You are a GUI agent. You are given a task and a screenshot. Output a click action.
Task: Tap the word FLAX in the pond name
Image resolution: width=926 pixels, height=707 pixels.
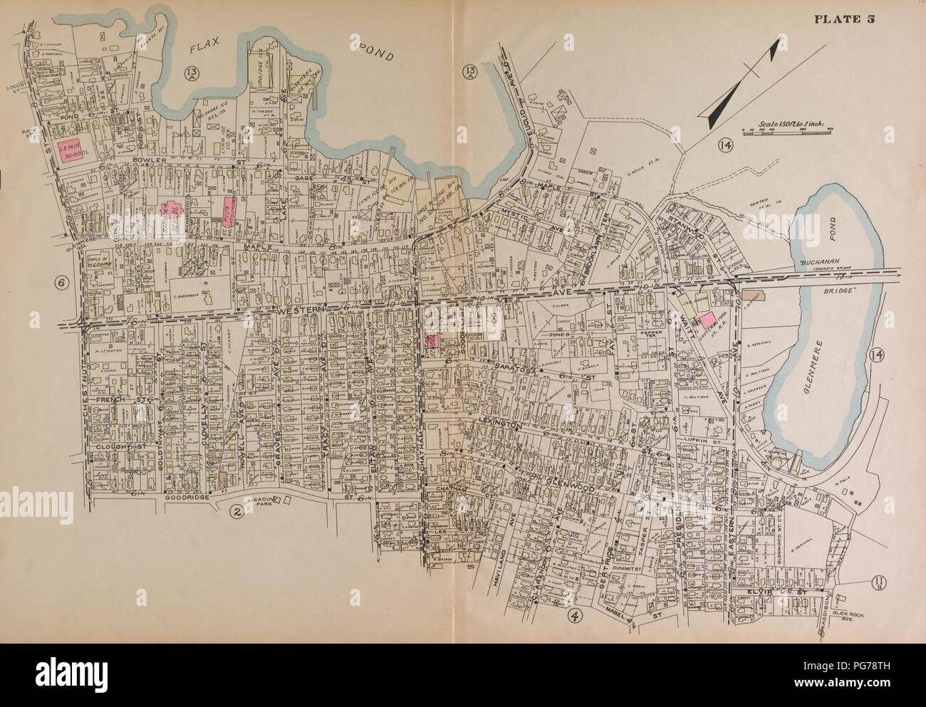(211, 48)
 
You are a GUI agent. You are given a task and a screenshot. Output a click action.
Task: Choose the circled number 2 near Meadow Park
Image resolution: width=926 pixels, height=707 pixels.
(233, 510)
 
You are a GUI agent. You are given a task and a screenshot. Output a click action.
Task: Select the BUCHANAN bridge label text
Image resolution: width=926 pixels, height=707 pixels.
(819, 261)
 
